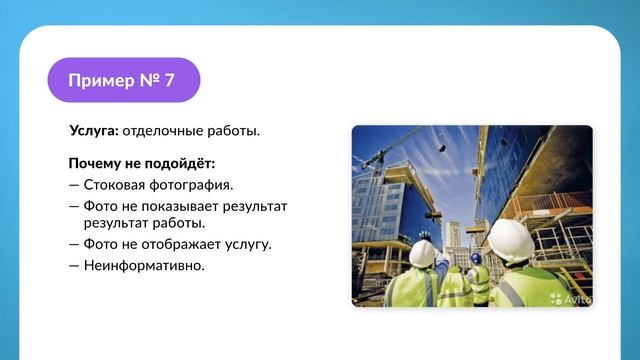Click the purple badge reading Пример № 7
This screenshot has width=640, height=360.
(123, 80)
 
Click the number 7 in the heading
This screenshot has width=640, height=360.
(168, 81)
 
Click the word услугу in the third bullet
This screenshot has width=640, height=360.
(246, 244)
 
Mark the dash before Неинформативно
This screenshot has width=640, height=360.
(74, 266)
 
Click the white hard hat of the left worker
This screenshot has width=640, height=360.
(423, 254)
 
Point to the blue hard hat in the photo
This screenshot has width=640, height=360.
(476, 258)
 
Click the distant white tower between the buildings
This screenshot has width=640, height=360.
(454, 235)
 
